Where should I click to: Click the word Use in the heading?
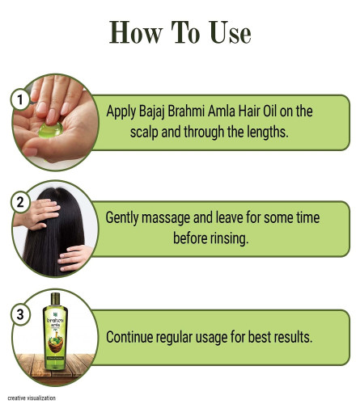(x=230, y=33)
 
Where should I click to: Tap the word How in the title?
(x=136, y=32)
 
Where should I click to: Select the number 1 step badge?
(x=20, y=99)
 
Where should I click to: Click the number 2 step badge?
(x=20, y=202)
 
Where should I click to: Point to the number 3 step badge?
(x=20, y=314)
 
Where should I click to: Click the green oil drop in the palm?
(x=50, y=130)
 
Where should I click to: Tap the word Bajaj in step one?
(x=151, y=112)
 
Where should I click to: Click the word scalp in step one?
(x=144, y=133)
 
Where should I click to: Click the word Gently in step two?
(x=122, y=218)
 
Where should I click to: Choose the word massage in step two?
(x=166, y=218)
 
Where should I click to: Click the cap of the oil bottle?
(x=55, y=300)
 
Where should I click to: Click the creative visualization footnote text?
(x=32, y=398)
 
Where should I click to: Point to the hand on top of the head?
(x=38, y=213)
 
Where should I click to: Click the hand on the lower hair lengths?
(x=75, y=258)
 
